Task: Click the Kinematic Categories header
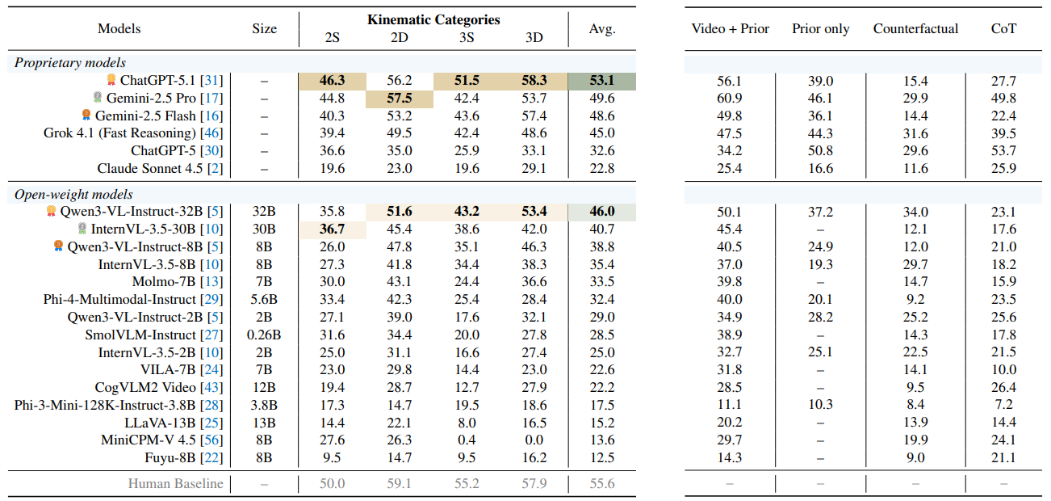pos(433,19)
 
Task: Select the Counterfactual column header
pos(915,28)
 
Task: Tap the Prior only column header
pos(820,28)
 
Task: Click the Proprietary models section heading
pos(70,62)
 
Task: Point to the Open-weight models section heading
pos(73,195)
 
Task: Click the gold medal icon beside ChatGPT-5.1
pos(111,80)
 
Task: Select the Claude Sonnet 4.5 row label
pos(160,168)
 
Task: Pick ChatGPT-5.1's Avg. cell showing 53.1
pos(601,81)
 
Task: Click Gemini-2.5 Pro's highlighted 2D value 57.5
pos(400,99)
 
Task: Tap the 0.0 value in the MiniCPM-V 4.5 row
pos(534,440)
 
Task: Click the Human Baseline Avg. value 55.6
pos(601,484)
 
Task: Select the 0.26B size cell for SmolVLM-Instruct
pos(264,335)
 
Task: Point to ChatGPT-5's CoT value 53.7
pos(1003,151)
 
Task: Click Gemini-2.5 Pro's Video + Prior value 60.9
pos(730,99)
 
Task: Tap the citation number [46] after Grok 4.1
pos(211,133)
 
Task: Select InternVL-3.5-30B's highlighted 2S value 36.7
pos(332,229)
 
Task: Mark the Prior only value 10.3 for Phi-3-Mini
pos(820,405)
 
